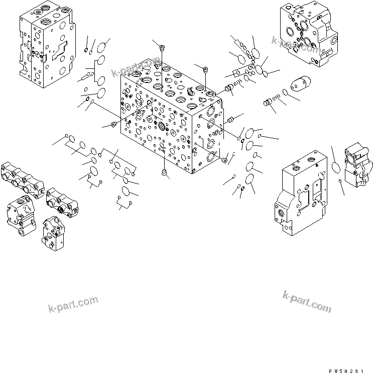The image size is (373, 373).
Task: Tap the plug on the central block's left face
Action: click(x=113, y=124)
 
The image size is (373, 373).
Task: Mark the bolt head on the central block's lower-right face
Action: click(x=224, y=160)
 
